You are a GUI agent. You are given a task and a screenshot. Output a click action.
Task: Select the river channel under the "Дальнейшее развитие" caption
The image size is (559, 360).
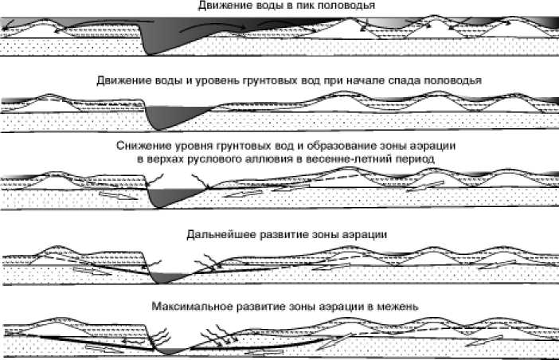pos(166,277)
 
